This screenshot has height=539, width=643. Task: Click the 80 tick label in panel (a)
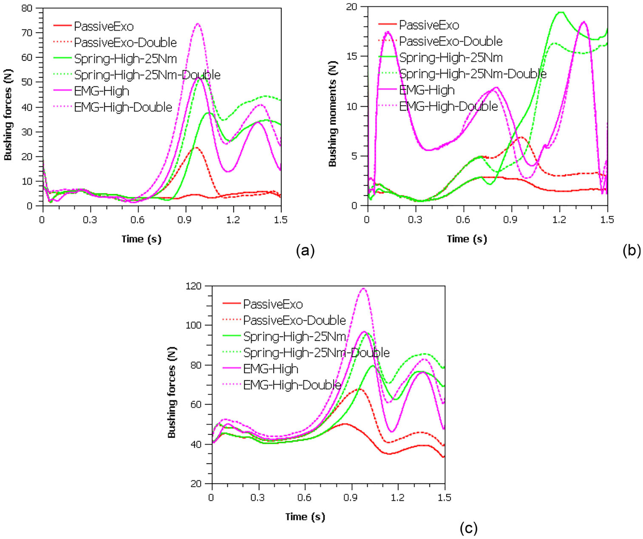pyautogui.click(x=26, y=8)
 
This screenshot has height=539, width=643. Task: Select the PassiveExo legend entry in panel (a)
pyautogui.click(x=103, y=26)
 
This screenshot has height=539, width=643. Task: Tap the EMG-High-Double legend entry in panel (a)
pyautogui.click(x=123, y=107)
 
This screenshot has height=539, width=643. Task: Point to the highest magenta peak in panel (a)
pyautogui.click(x=198, y=24)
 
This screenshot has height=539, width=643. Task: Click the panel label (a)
pyautogui.click(x=305, y=251)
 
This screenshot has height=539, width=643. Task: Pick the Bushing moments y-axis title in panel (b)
pyautogui.click(x=332, y=114)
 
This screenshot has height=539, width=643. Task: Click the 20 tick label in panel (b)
pyautogui.click(x=352, y=7)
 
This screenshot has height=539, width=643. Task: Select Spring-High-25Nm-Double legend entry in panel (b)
pyautogui.click(x=473, y=74)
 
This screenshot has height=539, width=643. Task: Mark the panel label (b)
pyautogui.click(x=632, y=251)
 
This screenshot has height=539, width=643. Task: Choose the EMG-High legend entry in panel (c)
pyautogui.click(x=270, y=369)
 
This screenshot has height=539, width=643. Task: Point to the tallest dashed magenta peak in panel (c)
pyautogui.click(x=363, y=289)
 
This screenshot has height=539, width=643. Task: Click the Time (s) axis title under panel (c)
pyautogui.click(x=305, y=517)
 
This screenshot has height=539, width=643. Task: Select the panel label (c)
pyautogui.click(x=469, y=528)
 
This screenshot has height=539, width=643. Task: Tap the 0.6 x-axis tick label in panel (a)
pyautogui.click(x=137, y=220)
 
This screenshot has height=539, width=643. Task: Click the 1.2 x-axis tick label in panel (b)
pyautogui.click(x=559, y=220)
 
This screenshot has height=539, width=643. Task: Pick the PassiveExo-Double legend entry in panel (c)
pyautogui.click(x=294, y=320)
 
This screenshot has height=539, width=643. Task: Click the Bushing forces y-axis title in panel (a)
pyautogui.click(x=8, y=115)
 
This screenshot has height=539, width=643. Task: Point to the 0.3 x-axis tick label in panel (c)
pyautogui.click(x=258, y=497)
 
